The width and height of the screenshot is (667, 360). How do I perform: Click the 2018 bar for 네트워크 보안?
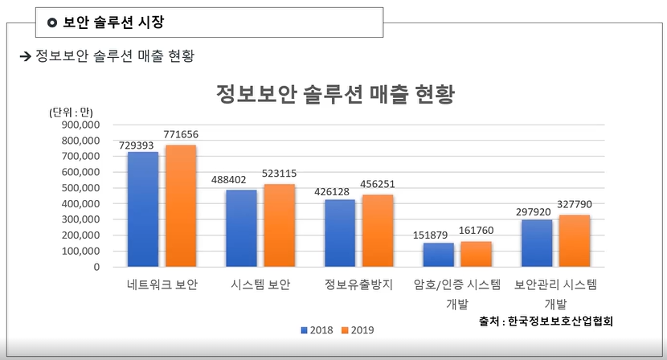(143, 209)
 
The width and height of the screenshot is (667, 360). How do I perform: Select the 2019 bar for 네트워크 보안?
(181, 206)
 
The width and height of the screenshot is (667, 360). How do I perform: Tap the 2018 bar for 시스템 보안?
(241, 228)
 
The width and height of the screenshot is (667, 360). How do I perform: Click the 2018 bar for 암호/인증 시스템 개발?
(439, 255)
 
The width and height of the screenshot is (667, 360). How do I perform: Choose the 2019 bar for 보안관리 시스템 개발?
(575, 241)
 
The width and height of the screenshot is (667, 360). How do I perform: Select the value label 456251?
(378, 184)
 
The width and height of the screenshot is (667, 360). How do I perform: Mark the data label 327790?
(575, 205)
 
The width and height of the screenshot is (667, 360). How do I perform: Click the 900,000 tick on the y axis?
(80, 125)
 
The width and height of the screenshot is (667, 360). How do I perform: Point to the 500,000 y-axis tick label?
(80, 188)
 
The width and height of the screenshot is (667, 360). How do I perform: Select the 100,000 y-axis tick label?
(80, 251)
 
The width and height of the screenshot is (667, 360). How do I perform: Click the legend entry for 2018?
(321, 329)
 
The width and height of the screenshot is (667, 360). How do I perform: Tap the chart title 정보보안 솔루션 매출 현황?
(335, 95)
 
